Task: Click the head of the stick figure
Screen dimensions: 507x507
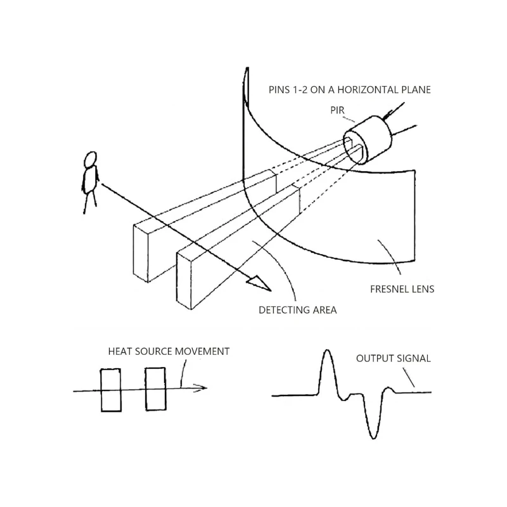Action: click(x=91, y=160)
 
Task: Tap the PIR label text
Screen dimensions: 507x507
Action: click(x=337, y=110)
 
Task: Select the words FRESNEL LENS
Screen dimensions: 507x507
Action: click(x=402, y=289)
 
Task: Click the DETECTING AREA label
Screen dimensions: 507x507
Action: click(x=297, y=310)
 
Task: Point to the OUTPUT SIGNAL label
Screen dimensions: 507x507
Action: click(x=393, y=359)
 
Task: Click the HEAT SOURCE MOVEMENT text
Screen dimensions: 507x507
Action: click(x=169, y=352)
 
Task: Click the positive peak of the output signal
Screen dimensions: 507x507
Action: click(x=327, y=350)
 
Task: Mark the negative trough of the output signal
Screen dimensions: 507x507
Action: click(x=373, y=438)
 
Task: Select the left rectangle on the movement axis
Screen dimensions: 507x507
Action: click(x=111, y=390)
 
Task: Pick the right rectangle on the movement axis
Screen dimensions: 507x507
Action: click(x=155, y=389)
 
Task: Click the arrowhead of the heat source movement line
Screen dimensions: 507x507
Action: click(x=200, y=388)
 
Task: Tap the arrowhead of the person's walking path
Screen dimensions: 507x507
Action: click(x=259, y=283)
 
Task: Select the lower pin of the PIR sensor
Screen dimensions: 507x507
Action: click(x=404, y=131)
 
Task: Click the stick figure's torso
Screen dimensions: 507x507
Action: click(x=90, y=180)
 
